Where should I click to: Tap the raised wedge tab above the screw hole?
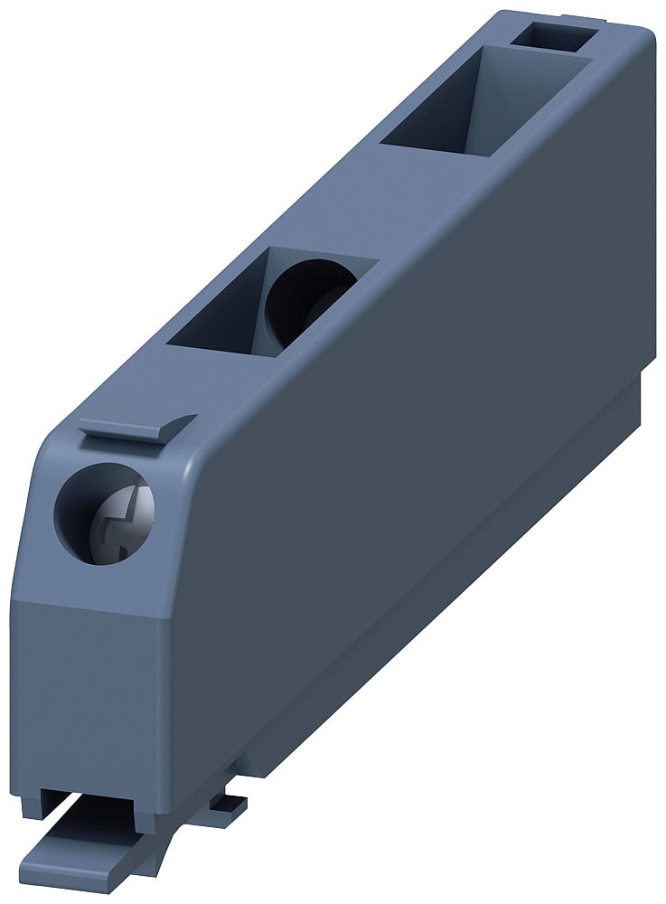tap(137, 428)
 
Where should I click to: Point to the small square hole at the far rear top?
tap(552, 36)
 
